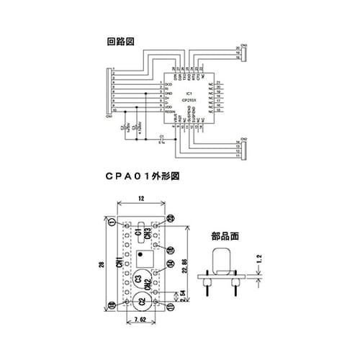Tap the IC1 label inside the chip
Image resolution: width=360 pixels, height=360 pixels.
(186, 92)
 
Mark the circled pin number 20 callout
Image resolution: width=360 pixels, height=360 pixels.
(171, 217)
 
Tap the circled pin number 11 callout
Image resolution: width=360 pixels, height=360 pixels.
(172, 307)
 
